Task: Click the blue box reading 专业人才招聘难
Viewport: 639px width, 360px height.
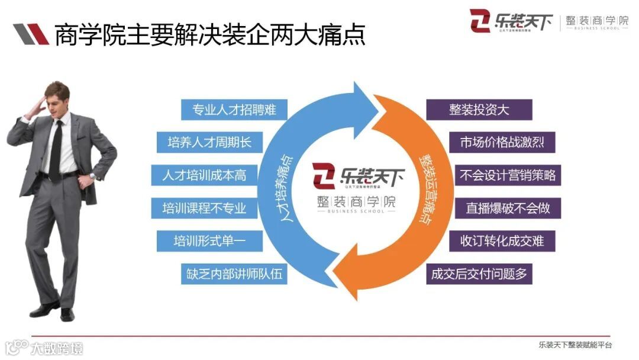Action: pos(234,110)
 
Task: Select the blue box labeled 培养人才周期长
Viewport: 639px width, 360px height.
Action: pos(210,142)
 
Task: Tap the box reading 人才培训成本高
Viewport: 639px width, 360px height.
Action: pos(204,175)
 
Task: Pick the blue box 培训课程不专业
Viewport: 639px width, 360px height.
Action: pos(204,208)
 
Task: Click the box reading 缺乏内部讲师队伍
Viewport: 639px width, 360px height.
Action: pos(234,274)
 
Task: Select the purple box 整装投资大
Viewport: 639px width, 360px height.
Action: pos(479,110)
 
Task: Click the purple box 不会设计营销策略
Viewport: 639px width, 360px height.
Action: pos(508,175)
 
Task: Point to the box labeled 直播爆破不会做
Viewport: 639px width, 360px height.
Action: pos(508,208)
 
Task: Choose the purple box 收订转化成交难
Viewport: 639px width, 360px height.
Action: pos(502,241)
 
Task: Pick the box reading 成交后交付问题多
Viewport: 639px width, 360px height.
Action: pos(479,274)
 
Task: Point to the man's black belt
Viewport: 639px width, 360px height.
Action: pos(59,175)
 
